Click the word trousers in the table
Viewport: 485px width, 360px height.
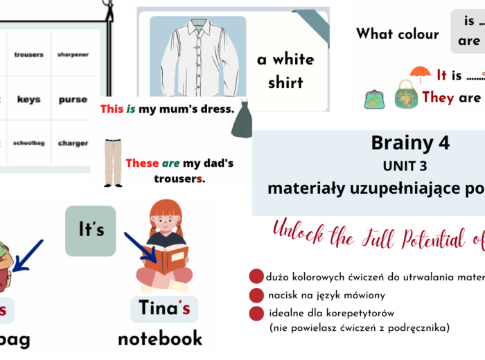[28, 55]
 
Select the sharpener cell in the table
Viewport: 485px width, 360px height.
[73, 55]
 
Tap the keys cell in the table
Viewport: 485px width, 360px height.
[28, 100]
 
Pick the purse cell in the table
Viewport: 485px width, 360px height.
[73, 100]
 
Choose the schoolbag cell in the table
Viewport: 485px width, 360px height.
[28, 143]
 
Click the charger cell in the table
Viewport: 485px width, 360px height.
[73, 143]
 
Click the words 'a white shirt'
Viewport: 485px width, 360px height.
[285, 71]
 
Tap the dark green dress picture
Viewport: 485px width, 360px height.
[241, 120]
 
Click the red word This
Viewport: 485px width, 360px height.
[112, 109]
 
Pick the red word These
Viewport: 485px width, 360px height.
[142, 163]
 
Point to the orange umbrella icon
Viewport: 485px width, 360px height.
[420, 73]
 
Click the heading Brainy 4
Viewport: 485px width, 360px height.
[410, 143]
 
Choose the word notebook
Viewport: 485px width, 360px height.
[160, 338]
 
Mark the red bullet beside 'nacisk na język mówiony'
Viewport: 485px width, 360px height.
[257, 295]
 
